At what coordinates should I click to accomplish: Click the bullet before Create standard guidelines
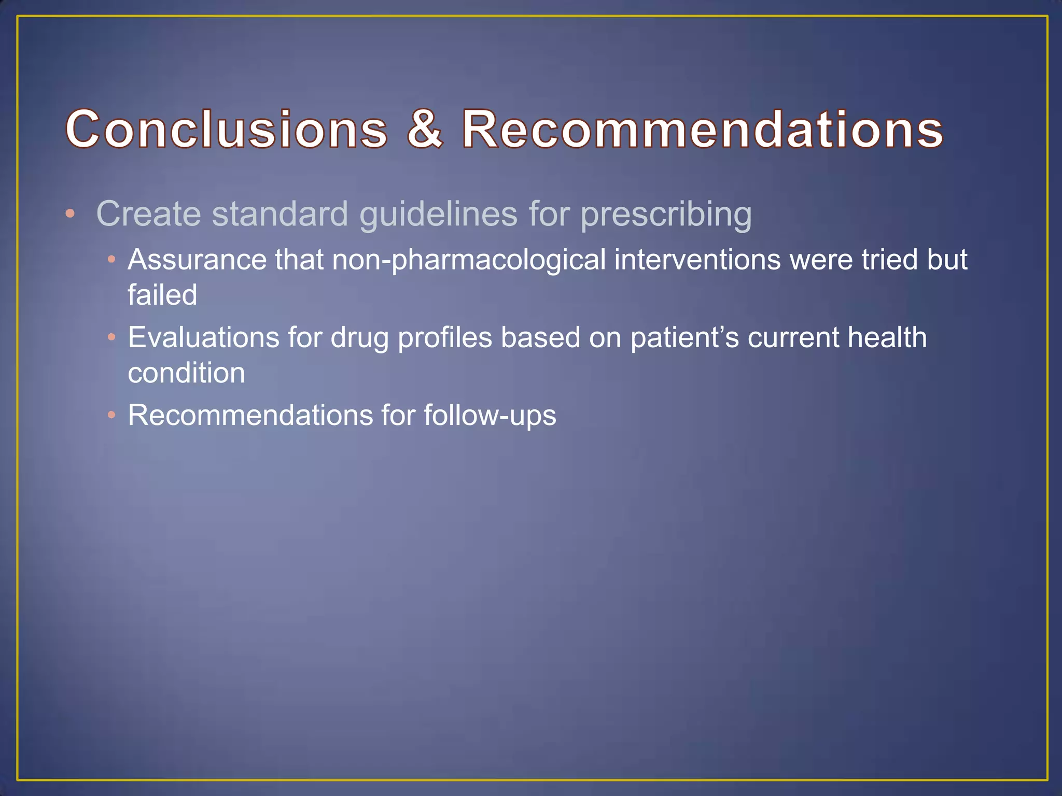71,214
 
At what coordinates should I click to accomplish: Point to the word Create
148,214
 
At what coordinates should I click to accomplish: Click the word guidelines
439,215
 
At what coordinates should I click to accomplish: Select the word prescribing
666,215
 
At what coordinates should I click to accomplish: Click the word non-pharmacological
469,260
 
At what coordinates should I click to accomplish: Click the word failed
162,295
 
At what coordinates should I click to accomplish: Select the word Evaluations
203,337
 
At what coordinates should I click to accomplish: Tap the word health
887,337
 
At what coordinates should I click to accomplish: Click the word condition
186,373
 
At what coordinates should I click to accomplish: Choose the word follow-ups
490,416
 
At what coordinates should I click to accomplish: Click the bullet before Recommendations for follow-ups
111,415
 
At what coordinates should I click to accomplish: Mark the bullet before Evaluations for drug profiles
111,337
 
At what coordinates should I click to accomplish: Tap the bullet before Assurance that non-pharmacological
111,259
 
